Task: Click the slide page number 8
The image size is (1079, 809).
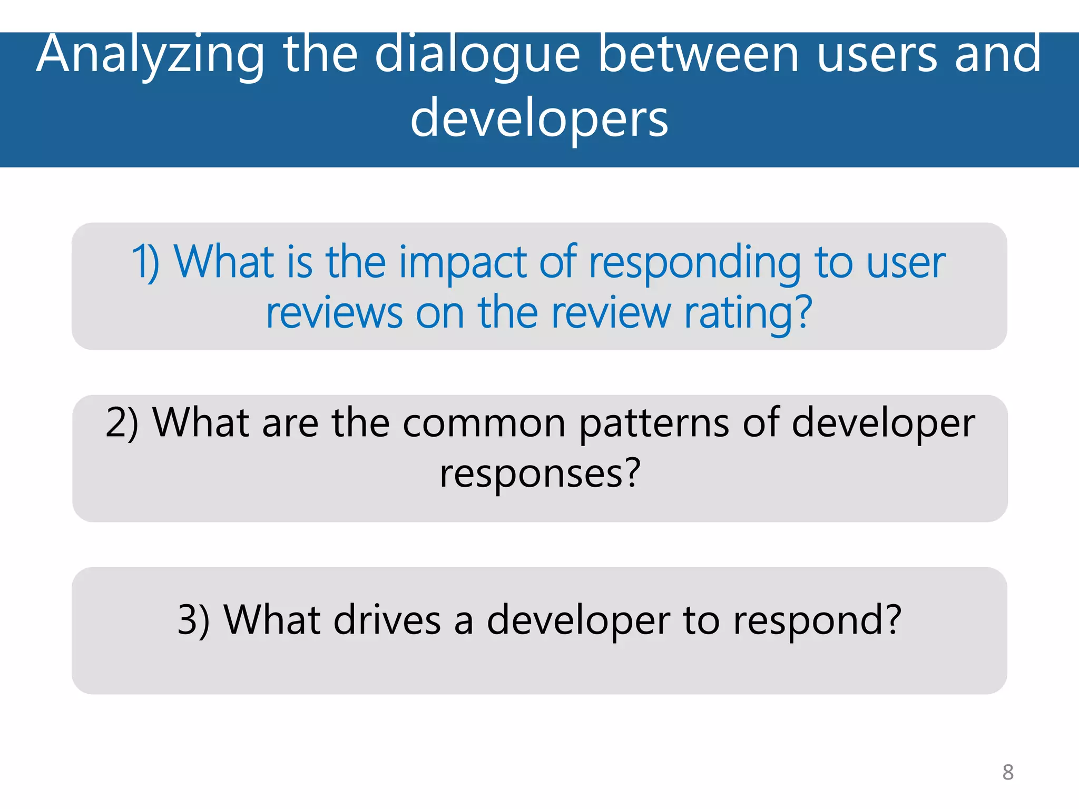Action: click(x=1008, y=772)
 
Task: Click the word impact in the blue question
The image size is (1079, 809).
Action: click(x=462, y=263)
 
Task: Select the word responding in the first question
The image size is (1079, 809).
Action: click(x=694, y=263)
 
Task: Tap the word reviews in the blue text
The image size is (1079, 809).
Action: click(x=334, y=313)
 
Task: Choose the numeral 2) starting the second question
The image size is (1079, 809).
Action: click(x=122, y=423)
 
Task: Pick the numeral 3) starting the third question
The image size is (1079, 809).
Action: click(x=193, y=620)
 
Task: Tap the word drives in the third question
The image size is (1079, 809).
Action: click(x=387, y=620)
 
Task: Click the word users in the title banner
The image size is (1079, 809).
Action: click(x=877, y=54)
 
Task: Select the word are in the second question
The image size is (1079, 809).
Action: click(x=290, y=423)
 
